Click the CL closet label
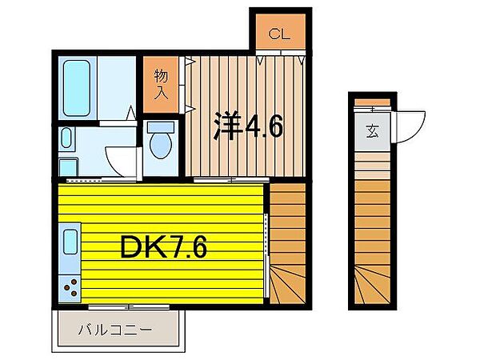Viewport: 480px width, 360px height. coord(278,34)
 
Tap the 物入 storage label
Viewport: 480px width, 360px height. coord(161,82)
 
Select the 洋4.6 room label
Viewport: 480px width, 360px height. coord(248,127)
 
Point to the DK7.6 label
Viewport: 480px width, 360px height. coord(163,248)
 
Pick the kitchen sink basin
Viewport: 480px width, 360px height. coord(70,242)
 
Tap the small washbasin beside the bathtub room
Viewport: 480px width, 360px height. coord(66,138)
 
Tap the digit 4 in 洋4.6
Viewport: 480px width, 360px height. coord(256,127)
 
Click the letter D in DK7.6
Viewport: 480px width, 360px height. coord(133,248)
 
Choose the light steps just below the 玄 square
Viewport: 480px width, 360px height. coord(372,164)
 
